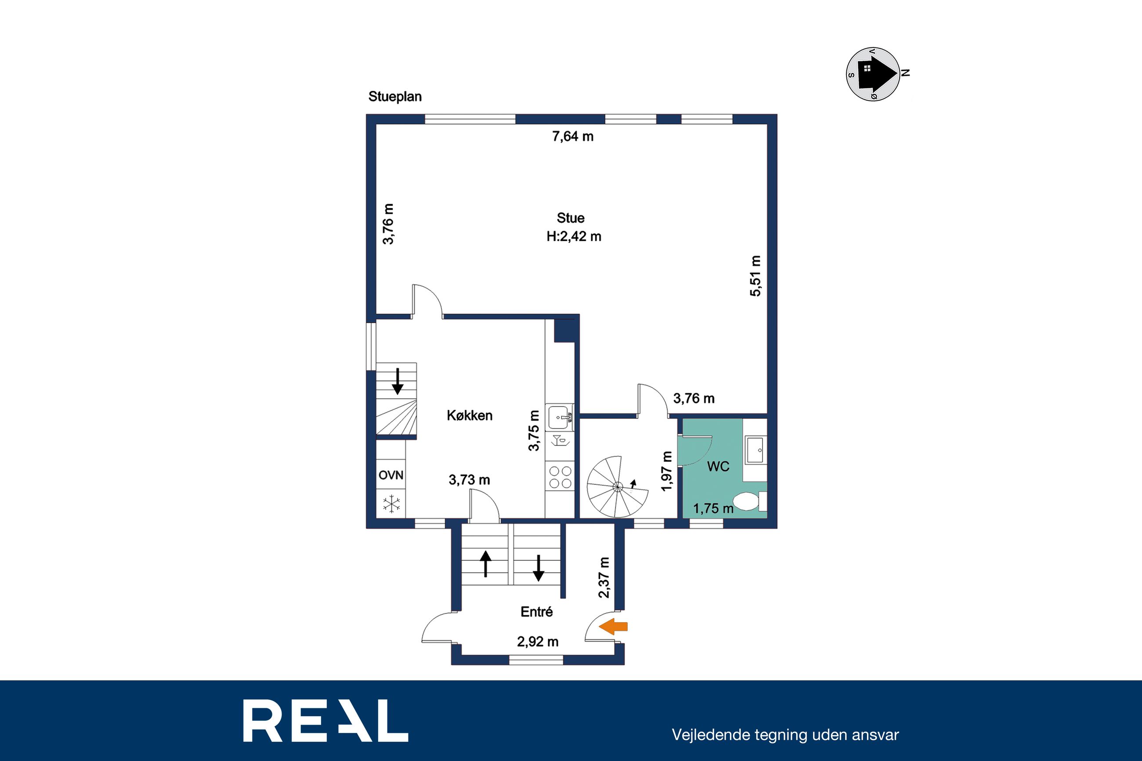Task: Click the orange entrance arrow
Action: point(614,627)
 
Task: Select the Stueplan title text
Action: point(395,97)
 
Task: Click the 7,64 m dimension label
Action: point(573,137)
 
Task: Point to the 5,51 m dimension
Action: point(755,276)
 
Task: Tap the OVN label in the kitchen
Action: point(391,475)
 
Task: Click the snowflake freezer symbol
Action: point(391,504)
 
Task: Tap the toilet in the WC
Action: point(749,501)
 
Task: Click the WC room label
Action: point(718,466)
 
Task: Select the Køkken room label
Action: point(470,415)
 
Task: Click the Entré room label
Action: point(536,612)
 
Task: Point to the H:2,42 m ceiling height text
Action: point(574,236)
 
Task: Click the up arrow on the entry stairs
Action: point(485,563)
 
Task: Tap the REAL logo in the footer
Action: point(325,720)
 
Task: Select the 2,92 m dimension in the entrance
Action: point(538,642)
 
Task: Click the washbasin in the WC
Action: point(755,450)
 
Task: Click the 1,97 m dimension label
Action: point(667,471)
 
